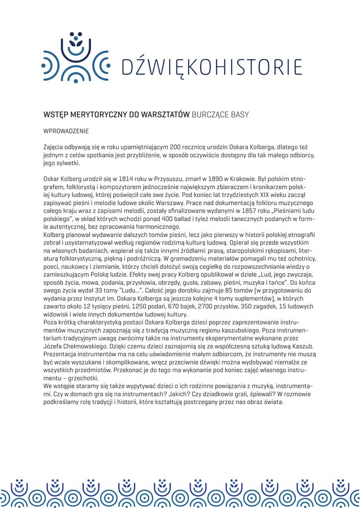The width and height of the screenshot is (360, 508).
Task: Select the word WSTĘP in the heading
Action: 55,115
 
